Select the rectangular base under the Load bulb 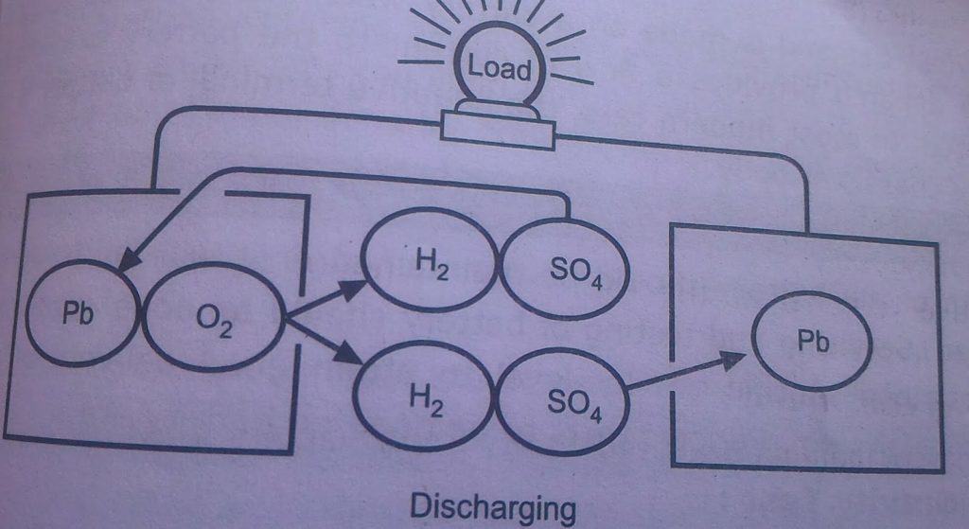point(497,128)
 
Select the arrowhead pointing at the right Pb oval point(740,359)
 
